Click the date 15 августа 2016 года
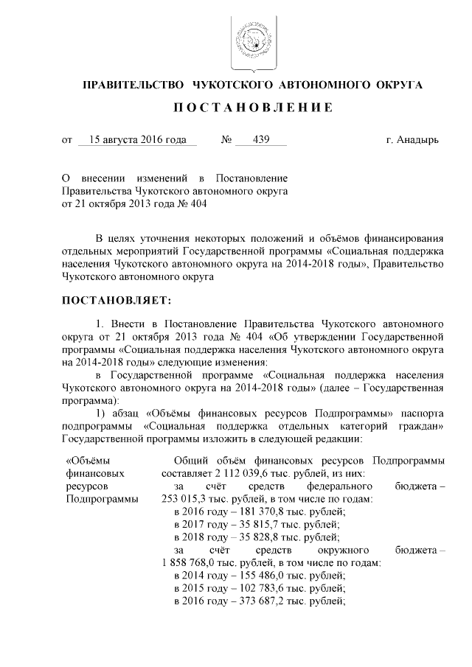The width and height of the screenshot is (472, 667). click(x=137, y=139)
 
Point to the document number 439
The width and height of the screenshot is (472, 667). click(x=260, y=139)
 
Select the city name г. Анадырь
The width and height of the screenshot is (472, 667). click(x=412, y=139)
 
